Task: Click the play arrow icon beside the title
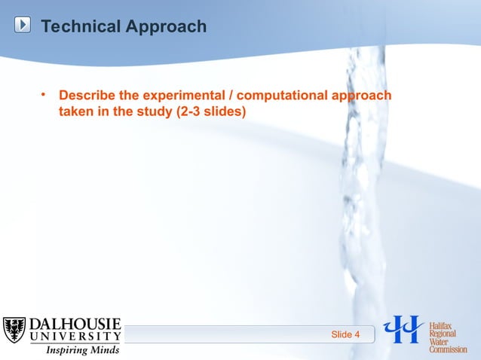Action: (23, 26)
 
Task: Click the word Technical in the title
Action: (81, 27)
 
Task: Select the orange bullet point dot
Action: (44, 95)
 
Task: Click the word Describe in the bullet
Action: (87, 96)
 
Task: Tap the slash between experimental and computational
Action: (230, 96)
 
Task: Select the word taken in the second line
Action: (76, 111)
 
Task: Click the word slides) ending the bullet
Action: (231, 111)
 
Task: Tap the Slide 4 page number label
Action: (346, 334)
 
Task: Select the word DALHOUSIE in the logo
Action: (75, 325)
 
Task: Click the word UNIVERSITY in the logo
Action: (75, 337)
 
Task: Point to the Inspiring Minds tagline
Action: (83, 350)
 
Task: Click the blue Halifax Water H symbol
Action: (404, 329)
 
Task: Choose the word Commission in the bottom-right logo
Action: (448, 348)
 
